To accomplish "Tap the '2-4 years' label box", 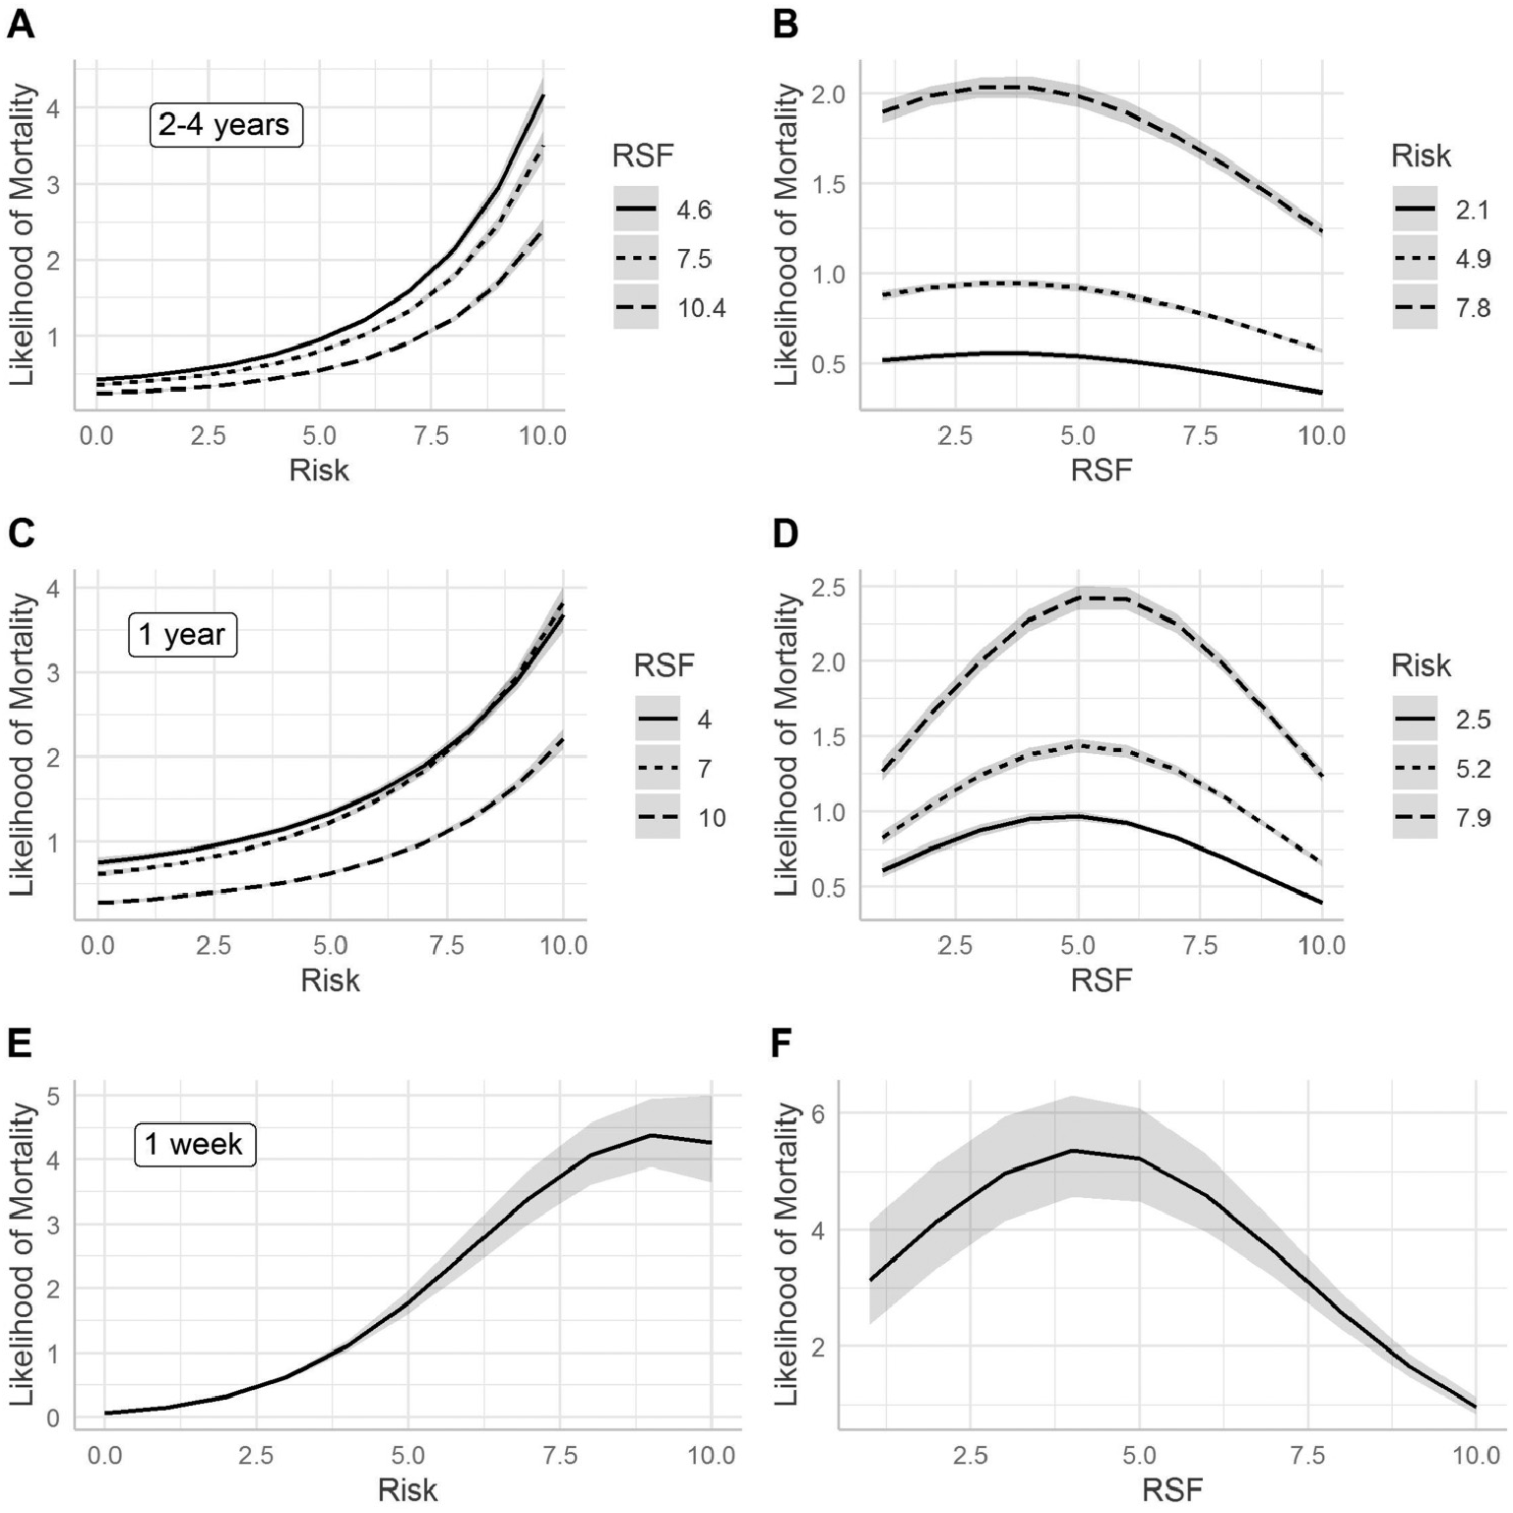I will coord(224,125).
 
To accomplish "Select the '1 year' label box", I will coord(182,634).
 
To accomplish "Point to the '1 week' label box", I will coord(194,1144).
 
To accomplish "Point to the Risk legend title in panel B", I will coord(1421,156).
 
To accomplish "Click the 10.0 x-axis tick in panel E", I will coord(711,1455).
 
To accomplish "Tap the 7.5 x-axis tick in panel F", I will coord(1308,1455).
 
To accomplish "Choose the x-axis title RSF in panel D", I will coord(1102,979).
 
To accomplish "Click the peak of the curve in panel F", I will coord(1073,1150).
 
